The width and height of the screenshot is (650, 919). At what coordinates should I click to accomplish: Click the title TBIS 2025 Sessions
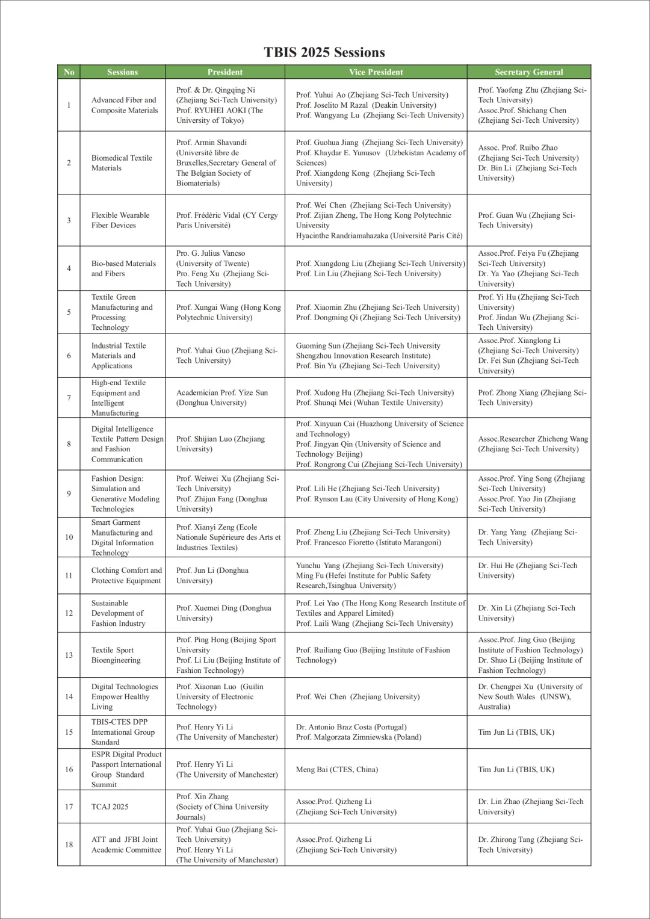click(324, 52)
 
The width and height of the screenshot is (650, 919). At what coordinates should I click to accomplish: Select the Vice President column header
click(376, 72)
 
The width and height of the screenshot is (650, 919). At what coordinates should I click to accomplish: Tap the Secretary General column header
click(528, 72)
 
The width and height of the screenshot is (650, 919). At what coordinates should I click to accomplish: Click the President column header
click(225, 72)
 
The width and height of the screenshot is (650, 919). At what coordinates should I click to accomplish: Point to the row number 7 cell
click(69, 398)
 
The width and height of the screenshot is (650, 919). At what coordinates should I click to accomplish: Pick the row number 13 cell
click(69, 655)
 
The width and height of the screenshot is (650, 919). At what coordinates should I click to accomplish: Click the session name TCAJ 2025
click(110, 806)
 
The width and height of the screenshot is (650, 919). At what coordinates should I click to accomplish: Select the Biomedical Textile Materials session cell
click(122, 163)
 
